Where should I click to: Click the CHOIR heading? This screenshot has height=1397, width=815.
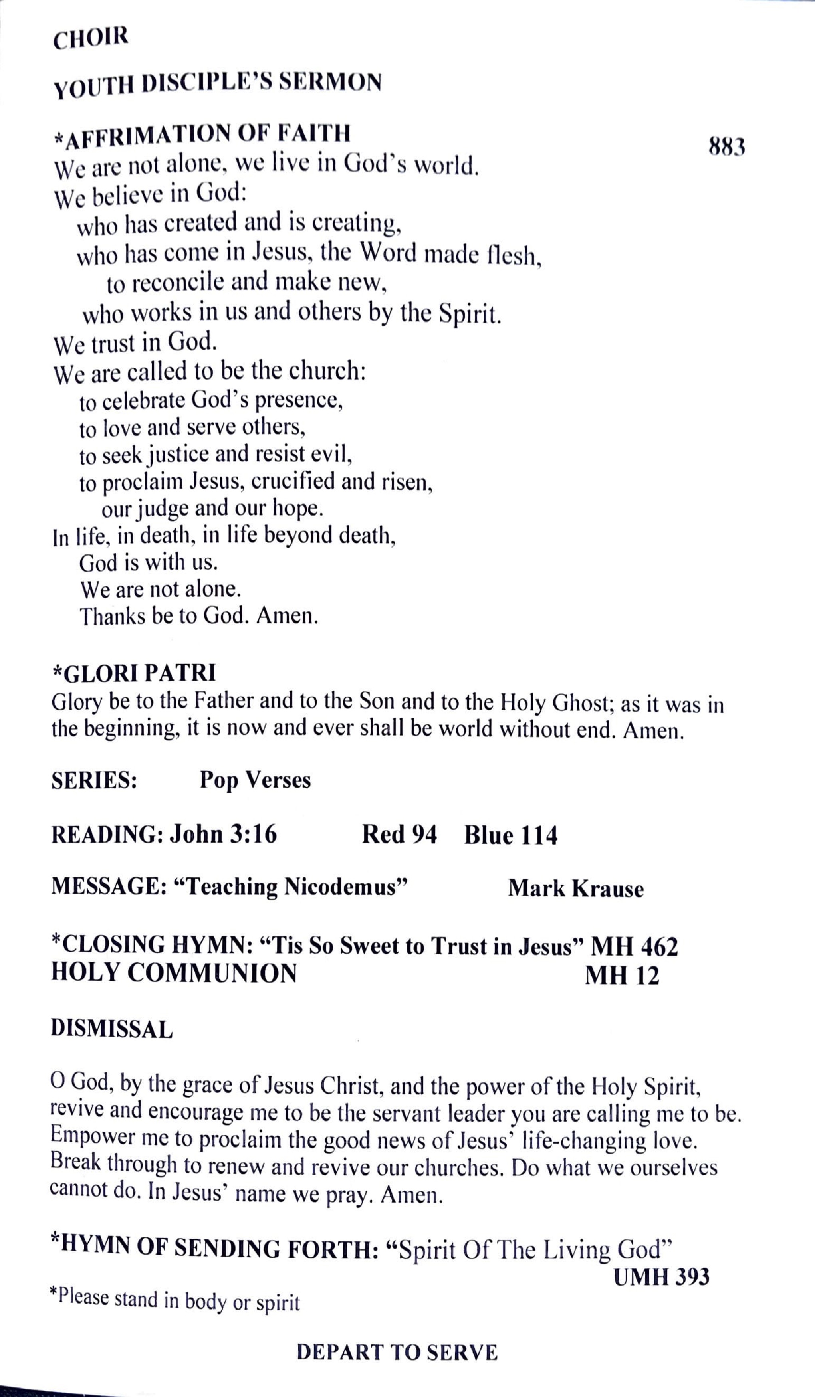[x=90, y=38]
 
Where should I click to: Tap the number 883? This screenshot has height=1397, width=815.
[x=726, y=147]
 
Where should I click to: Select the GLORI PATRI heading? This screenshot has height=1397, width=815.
[x=134, y=673]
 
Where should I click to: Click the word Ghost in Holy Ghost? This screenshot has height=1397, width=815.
[x=580, y=703]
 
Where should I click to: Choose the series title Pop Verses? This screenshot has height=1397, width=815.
[x=255, y=780]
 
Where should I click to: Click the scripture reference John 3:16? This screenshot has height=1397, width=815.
[x=223, y=834]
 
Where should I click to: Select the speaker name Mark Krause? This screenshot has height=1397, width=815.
[x=575, y=888]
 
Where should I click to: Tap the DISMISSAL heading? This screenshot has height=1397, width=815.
[x=111, y=1028]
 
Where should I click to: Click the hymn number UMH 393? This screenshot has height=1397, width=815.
[x=661, y=1277]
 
